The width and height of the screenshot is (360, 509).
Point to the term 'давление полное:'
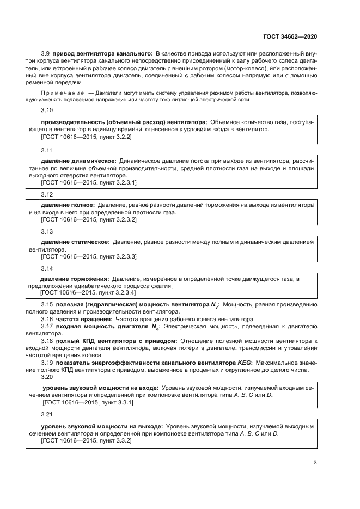click(69, 205)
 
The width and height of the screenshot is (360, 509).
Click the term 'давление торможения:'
click(75, 279)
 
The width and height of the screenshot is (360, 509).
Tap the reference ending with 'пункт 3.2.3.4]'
click(87, 292)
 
